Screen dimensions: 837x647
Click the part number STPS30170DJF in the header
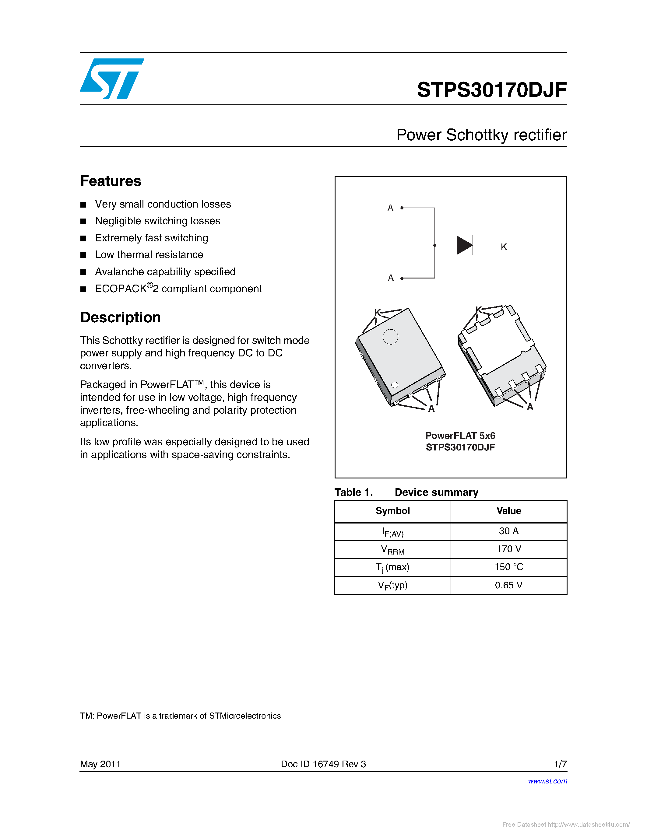pyautogui.click(x=491, y=90)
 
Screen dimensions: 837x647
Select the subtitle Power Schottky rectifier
pyautogui.click(x=481, y=135)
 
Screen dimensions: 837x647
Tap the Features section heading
pyautogui.click(x=111, y=181)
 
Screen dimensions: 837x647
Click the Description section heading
pyautogui.click(x=120, y=317)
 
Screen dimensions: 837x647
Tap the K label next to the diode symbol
pyautogui.click(x=504, y=247)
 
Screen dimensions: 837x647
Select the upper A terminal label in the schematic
pyautogui.click(x=390, y=208)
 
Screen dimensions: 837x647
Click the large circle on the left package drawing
pyautogui.click(x=390, y=337)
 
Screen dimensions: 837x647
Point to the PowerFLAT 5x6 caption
pyautogui.click(x=460, y=436)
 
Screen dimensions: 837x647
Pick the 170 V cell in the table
pyautogui.click(x=509, y=549)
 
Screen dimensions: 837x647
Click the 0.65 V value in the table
pyautogui.click(x=509, y=585)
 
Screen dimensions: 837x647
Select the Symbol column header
pyautogui.click(x=392, y=511)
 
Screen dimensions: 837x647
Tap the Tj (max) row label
pyautogui.click(x=392, y=567)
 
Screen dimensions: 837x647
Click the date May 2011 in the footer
pyautogui.click(x=100, y=764)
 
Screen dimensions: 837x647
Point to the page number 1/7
pyautogui.click(x=560, y=764)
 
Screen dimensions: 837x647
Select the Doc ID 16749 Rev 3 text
pyautogui.click(x=323, y=764)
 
